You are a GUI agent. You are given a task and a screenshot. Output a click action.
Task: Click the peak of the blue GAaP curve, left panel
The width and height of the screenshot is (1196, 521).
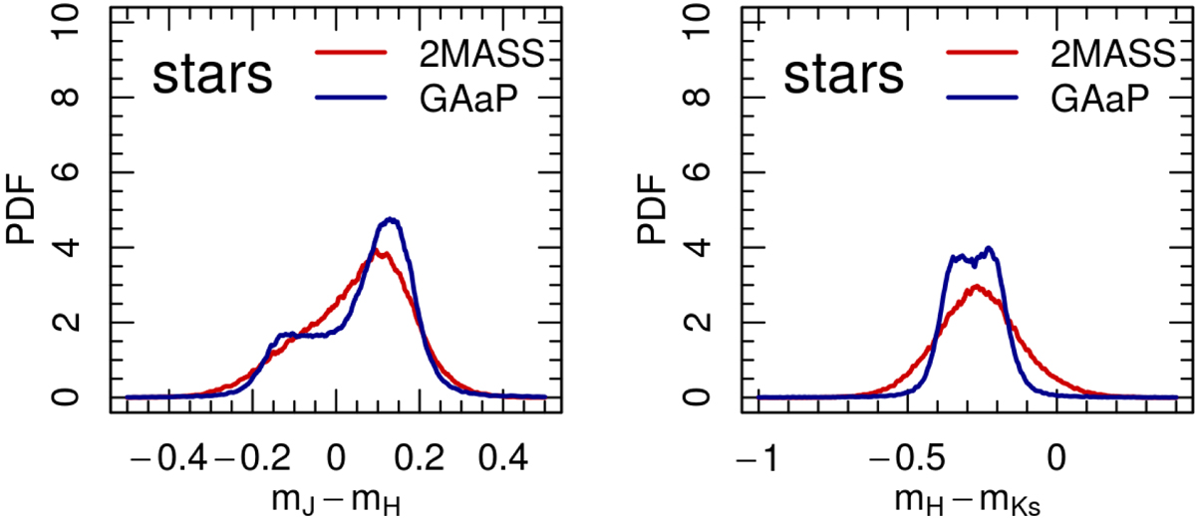[x=390, y=219]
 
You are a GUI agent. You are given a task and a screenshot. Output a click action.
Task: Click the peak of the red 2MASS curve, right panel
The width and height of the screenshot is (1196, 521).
[x=977, y=287]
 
